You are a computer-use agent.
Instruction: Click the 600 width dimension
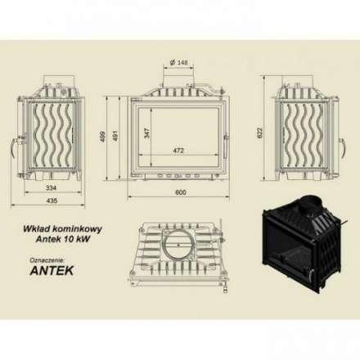(180, 192)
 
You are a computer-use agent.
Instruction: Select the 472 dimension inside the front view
(179, 151)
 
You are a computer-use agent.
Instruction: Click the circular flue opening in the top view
(178, 246)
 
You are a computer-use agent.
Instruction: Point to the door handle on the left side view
(13, 147)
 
